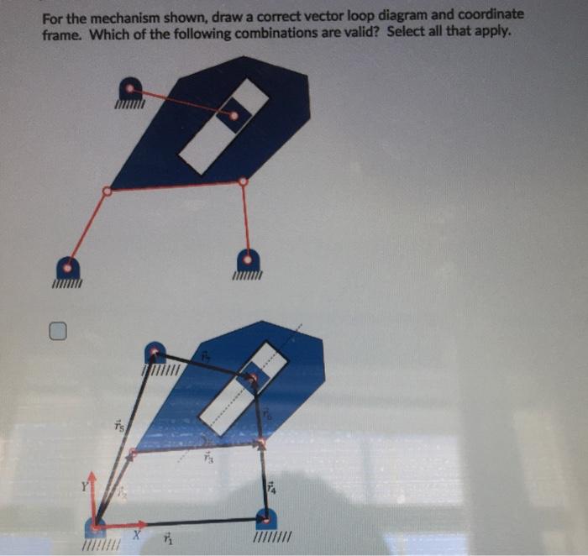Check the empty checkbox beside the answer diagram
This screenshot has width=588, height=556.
[56, 333]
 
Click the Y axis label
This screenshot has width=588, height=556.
[84, 485]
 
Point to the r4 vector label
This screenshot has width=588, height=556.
[270, 487]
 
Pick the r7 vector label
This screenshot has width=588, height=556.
[205, 358]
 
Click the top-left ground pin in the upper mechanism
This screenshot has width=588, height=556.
[131, 88]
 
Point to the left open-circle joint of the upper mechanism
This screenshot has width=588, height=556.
[107, 191]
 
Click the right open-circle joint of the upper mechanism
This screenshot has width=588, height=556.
[244, 181]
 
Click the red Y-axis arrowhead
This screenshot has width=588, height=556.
[94, 479]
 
